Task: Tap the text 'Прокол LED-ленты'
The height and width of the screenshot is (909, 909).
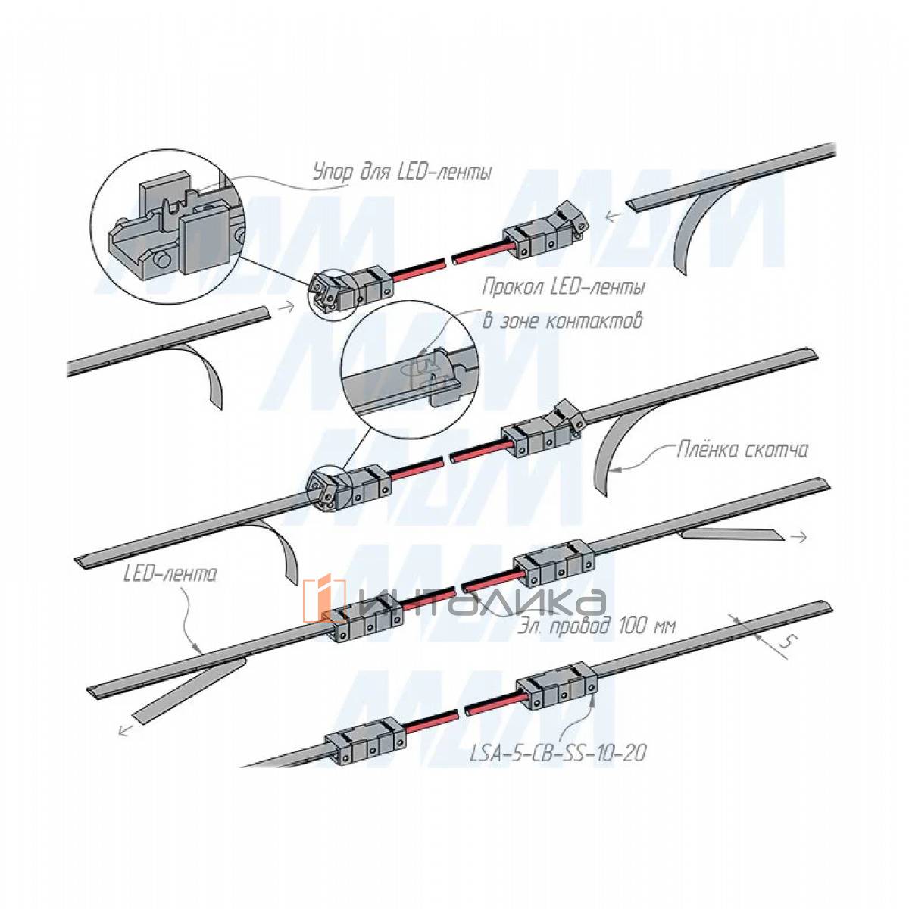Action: [564, 288]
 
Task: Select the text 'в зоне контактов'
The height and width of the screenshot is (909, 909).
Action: [562, 320]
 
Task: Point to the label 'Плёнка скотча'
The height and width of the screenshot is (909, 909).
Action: [742, 450]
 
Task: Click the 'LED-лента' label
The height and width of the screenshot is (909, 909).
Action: [170, 575]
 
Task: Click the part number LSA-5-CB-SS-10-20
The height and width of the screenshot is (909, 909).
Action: [558, 754]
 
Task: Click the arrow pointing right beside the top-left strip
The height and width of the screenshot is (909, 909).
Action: [285, 308]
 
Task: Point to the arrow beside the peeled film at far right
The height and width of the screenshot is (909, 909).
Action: [798, 536]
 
